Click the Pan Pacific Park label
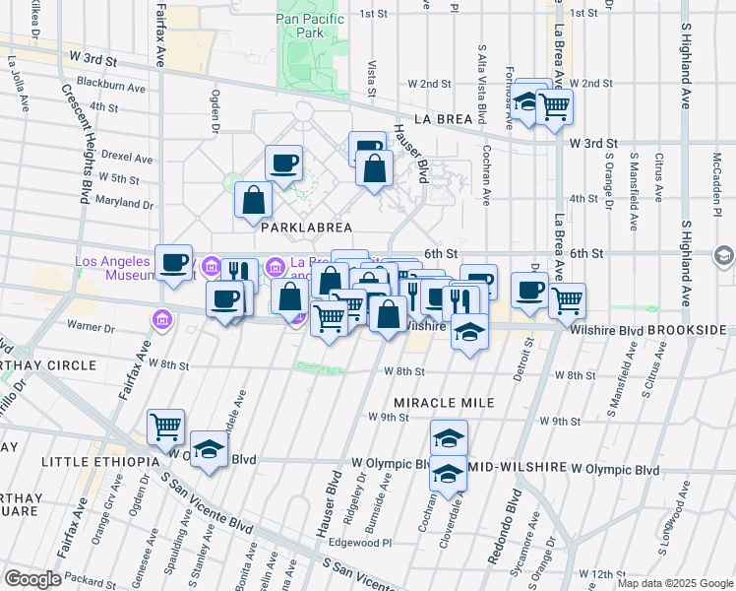[311, 25]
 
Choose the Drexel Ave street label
[127, 158]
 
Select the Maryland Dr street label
[126, 205]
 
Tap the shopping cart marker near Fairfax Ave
[166, 427]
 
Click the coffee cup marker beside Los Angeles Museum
[174, 262]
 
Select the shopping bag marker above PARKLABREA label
[254, 200]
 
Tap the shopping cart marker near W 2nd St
[555, 106]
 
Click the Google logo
[32, 579]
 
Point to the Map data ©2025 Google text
[674, 583]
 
